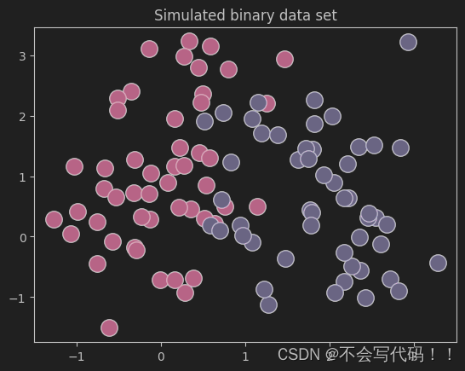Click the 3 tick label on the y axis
(23, 56)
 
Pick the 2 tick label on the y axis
(23, 117)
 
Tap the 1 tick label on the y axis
(23, 177)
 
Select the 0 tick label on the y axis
(23, 237)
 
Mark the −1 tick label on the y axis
(19, 298)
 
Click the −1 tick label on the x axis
(77, 356)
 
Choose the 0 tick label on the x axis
(161, 356)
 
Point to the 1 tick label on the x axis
(245, 356)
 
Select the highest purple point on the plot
(408, 42)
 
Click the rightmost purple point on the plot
(438, 263)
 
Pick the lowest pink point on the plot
(109, 328)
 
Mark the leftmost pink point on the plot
(55, 219)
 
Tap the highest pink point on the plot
(189, 41)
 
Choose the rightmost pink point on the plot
(284, 59)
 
